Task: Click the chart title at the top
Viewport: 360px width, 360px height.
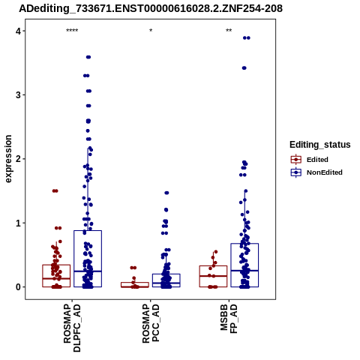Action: pos(151,8)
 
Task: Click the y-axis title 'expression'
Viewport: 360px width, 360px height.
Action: pos(8,159)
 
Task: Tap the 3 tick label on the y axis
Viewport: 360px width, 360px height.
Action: pos(18,95)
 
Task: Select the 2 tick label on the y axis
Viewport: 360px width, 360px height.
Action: pos(18,159)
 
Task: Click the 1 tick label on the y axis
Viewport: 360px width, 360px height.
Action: pos(18,223)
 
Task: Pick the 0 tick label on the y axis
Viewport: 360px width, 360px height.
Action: pos(18,287)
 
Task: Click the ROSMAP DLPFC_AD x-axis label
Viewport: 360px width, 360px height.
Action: pos(72,328)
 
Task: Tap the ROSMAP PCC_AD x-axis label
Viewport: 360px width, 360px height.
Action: pos(151,323)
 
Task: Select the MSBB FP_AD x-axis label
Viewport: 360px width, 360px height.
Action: pos(229,319)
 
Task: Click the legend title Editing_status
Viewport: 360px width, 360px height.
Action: pos(320,145)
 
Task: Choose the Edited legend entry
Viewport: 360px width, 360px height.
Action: pos(310,160)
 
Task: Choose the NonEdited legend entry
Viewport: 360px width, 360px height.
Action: pos(316,172)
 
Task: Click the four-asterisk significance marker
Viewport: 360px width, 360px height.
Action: pos(72,31)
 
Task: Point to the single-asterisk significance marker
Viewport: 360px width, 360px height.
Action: pos(151,31)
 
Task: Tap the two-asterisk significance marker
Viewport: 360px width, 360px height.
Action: pos(229,31)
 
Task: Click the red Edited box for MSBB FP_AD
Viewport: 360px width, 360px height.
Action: pos(213,276)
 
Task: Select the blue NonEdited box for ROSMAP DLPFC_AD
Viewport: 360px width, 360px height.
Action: pos(88,259)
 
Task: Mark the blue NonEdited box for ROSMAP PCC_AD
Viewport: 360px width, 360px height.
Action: pos(166,280)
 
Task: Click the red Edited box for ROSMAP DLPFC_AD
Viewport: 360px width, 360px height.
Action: pos(56,276)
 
